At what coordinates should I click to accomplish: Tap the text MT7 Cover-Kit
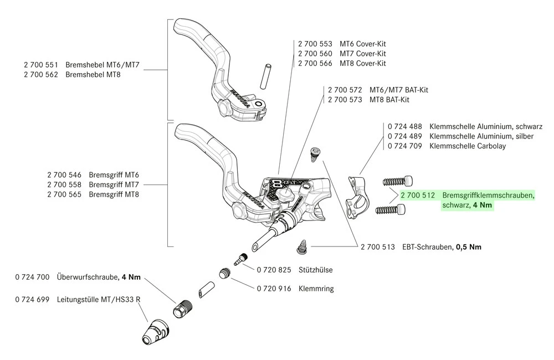tap(363, 53)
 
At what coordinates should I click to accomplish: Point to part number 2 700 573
tap(345, 99)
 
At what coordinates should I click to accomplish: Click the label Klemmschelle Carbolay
tap(468, 146)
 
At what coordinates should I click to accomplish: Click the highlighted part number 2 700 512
tap(418, 195)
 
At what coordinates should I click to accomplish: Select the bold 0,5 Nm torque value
tap(468, 247)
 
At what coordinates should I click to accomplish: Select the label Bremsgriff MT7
tap(114, 184)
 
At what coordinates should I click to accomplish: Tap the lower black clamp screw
tap(391, 209)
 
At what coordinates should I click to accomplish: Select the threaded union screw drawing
tap(182, 307)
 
